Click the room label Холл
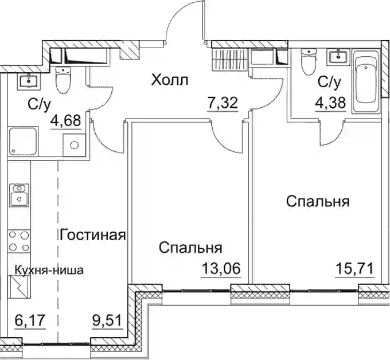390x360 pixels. coord(170,80)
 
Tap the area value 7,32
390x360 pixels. coord(223,103)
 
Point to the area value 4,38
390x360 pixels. coord(330,103)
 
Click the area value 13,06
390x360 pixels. coord(221,268)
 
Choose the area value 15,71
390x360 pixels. coord(354,269)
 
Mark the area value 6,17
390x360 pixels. coord(30,320)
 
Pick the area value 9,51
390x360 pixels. coord(107,320)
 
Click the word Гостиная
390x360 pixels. coord(93,234)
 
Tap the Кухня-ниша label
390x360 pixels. coord(49,270)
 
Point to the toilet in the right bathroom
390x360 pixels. coord(309,58)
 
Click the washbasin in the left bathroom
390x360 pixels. coord(29,81)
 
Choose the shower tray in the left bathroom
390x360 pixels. coord(23,141)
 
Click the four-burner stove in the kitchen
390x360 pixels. coord(19,241)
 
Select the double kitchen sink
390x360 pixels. coord(19,195)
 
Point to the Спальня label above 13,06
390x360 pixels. coord(190,248)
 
